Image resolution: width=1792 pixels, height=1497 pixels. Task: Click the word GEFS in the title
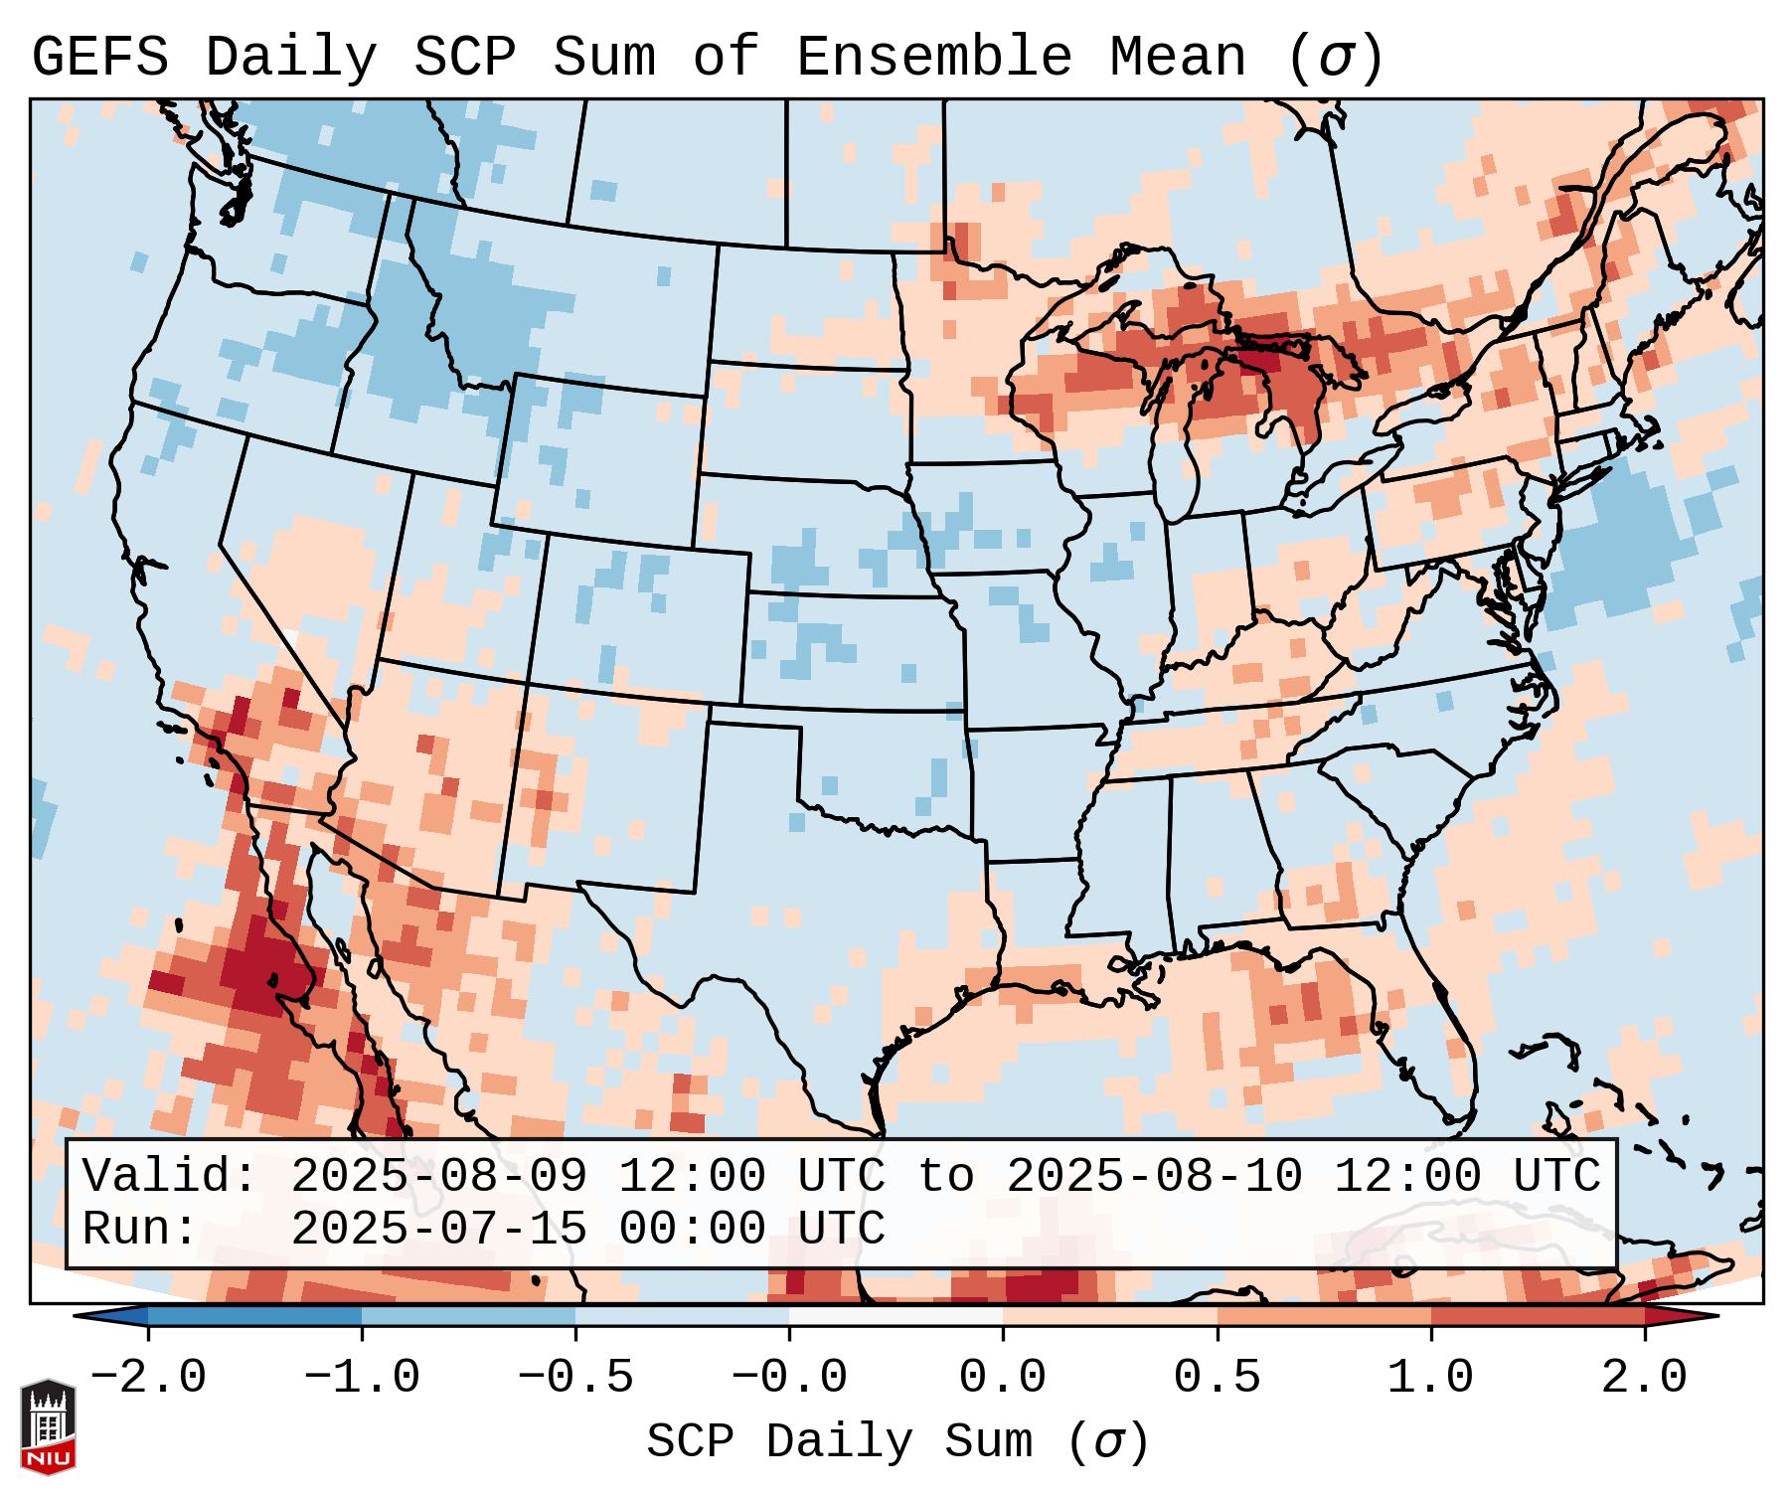pyautogui.click(x=100, y=58)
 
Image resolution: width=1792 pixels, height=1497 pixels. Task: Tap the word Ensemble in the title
pyautogui.click(x=933, y=58)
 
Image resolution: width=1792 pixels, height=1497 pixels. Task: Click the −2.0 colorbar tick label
pyautogui.click(x=148, y=1378)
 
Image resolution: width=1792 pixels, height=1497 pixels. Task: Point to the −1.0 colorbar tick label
pyautogui.click(x=362, y=1378)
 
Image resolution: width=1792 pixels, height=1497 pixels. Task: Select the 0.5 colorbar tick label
pyautogui.click(x=1217, y=1378)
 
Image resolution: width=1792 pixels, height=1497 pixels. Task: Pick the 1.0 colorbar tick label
pyautogui.click(x=1430, y=1378)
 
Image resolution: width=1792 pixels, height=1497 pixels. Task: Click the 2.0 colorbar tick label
pyautogui.click(x=1644, y=1378)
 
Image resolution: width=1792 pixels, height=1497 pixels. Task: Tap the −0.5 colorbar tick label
pyautogui.click(x=575, y=1378)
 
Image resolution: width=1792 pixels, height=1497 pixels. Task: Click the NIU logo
pyautogui.click(x=48, y=1425)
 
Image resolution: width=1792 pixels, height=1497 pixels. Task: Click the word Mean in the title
pyautogui.click(x=1178, y=58)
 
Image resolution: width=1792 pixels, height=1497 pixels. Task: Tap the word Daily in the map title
pyautogui.click(x=291, y=58)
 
